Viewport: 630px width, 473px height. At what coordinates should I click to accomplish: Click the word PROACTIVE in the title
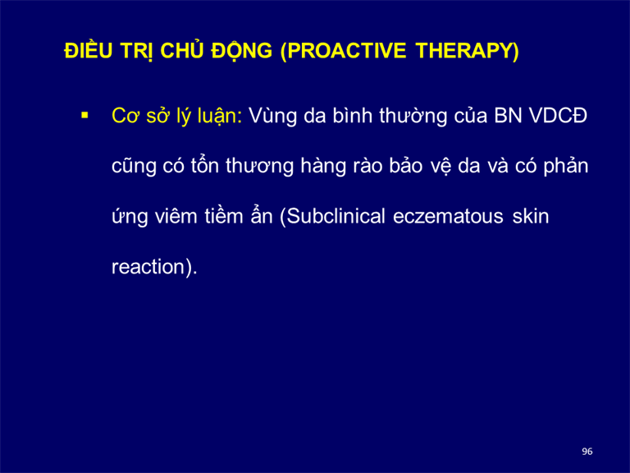[x=347, y=51]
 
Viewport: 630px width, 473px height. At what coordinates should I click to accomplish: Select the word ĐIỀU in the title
[x=89, y=50]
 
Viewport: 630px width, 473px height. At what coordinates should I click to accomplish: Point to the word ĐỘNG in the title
[x=242, y=51]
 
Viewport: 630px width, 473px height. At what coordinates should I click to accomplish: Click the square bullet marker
[x=84, y=116]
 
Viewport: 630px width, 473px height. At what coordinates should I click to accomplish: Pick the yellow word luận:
[x=220, y=117]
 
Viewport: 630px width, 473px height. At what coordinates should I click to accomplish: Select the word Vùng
[x=273, y=117]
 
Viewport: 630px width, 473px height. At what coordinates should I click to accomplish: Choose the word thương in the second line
[x=259, y=167]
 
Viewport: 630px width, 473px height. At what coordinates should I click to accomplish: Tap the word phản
[x=566, y=167]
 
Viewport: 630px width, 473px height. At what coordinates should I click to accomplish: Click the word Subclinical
[x=336, y=217]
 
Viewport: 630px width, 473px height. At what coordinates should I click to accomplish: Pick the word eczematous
[x=448, y=217]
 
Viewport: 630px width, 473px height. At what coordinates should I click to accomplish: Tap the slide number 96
[x=587, y=452]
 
